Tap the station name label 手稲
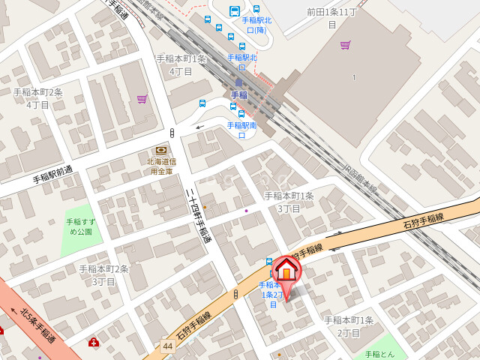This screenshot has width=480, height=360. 238,95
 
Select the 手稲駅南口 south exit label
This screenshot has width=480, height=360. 241,130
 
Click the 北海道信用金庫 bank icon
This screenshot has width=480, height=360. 160,150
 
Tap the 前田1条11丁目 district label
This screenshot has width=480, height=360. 331,18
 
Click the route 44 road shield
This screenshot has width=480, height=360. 168,346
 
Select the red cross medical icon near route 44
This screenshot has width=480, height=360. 93,343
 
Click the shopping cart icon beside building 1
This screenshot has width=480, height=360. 345,45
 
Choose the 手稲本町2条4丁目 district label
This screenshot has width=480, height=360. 37,98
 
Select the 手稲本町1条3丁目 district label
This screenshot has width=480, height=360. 289,202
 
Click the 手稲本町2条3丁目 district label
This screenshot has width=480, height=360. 104,275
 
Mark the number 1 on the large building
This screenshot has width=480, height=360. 353,77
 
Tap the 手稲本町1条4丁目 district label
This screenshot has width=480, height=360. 181,64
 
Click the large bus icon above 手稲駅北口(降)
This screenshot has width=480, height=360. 235,11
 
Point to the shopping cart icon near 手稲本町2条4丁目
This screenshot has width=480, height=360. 142,99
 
